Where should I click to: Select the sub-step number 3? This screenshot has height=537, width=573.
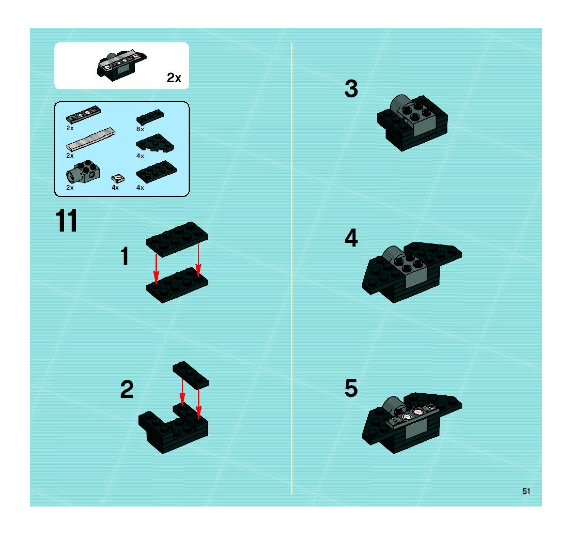(x=351, y=88)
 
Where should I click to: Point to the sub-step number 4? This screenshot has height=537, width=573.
(x=351, y=238)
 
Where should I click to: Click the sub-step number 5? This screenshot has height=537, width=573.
(x=351, y=388)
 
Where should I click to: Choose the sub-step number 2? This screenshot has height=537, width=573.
(x=127, y=389)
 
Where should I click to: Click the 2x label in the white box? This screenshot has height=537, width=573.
(x=174, y=78)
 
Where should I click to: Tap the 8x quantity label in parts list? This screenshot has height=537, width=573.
(x=140, y=129)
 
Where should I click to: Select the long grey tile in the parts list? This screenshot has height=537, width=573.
(x=91, y=139)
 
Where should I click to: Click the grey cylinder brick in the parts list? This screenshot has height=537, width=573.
(x=83, y=172)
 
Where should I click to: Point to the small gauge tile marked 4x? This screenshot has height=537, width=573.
(x=118, y=178)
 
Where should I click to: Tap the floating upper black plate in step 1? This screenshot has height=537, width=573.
(x=177, y=239)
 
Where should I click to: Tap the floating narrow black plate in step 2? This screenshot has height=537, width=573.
(x=190, y=375)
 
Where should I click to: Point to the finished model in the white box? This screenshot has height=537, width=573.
(x=121, y=65)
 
